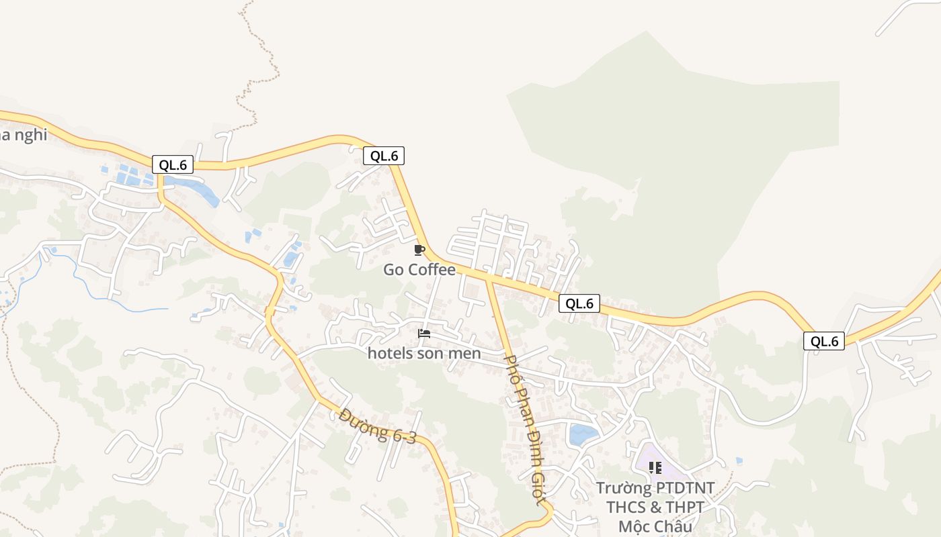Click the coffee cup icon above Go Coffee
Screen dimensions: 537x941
[x=419, y=250]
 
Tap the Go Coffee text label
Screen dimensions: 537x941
[x=419, y=270]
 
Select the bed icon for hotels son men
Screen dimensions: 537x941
[x=424, y=333]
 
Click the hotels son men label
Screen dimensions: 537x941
[x=424, y=353]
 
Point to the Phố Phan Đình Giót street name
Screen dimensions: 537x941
[x=524, y=430]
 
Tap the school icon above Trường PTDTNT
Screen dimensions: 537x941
[x=655, y=468]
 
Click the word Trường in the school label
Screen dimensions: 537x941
[x=624, y=488]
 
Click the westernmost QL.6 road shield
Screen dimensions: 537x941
[x=173, y=164]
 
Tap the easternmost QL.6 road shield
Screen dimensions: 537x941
[x=824, y=341]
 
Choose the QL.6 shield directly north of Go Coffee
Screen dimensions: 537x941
[x=384, y=156]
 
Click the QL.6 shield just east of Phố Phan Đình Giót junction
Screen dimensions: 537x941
[x=579, y=303]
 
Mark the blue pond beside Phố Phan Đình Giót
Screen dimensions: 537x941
[x=583, y=434]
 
